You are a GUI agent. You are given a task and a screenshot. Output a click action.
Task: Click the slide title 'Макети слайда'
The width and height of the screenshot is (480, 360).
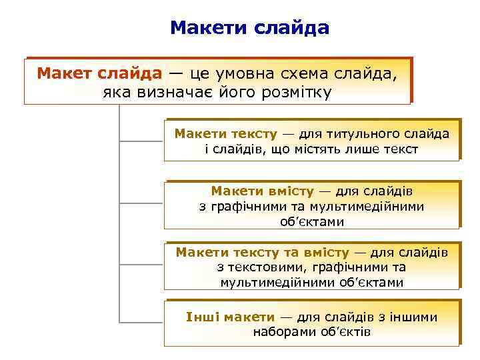[x=249, y=28]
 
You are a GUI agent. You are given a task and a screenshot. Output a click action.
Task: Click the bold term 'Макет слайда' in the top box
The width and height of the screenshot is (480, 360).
[x=99, y=72]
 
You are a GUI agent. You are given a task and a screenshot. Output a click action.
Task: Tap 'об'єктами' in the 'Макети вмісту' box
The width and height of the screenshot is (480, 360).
[x=311, y=222]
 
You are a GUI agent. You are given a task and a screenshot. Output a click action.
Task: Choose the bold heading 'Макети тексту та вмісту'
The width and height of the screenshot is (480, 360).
[x=262, y=252]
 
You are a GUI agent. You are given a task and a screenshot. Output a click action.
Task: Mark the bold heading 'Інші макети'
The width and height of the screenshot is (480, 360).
[x=230, y=317]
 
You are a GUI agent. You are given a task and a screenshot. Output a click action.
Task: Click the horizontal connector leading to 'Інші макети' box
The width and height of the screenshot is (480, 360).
[x=141, y=322]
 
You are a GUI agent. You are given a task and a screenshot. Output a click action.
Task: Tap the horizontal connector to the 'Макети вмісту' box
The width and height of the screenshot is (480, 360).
[x=141, y=203]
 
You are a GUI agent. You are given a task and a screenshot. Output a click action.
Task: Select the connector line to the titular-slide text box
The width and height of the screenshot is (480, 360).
[x=141, y=141]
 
